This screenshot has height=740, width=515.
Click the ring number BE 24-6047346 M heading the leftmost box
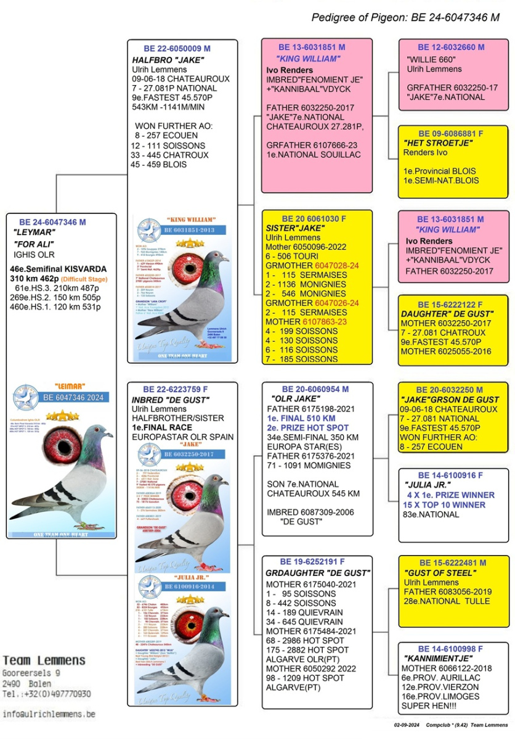(x=52, y=222)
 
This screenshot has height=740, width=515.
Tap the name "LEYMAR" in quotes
(x=34, y=232)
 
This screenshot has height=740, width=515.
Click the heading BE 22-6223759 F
(x=176, y=390)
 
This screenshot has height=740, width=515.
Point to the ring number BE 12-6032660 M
(x=451, y=47)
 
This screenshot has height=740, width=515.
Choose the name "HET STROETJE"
(x=437, y=143)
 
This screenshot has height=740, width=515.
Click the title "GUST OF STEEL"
(x=434, y=573)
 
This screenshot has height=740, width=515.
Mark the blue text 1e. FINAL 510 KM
(x=298, y=418)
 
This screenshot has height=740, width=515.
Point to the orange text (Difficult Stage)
(x=86, y=279)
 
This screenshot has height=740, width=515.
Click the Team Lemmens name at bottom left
(x=44, y=660)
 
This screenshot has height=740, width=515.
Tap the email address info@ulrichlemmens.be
(x=49, y=714)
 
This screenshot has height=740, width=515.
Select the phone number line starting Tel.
(x=46, y=694)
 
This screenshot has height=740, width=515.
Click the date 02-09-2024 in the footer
(x=406, y=728)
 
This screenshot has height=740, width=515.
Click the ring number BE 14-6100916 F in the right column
(x=450, y=475)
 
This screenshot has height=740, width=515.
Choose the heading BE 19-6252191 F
(x=312, y=562)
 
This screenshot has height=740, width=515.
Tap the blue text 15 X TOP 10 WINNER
(x=445, y=504)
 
